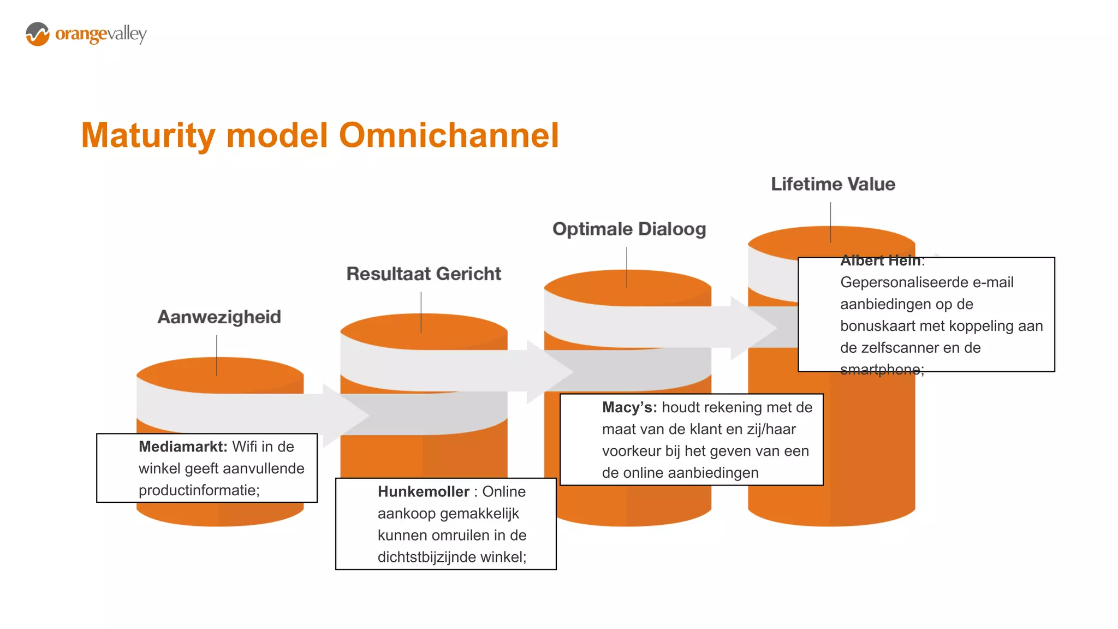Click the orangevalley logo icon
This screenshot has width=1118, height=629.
click(x=37, y=34)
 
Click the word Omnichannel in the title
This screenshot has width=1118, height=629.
click(x=449, y=135)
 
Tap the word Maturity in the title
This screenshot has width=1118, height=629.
click(x=148, y=135)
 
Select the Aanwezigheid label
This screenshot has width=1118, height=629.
click(x=219, y=317)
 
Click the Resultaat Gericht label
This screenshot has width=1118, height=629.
click(x=424, y=274)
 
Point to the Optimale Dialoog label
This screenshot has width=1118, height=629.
click(x=629, y=229)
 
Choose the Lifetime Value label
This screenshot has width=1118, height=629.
click(x=832, y=184)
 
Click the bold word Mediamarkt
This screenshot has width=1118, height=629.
click(x=182, y=447)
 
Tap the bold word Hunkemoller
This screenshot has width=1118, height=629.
click(x=423, y=491)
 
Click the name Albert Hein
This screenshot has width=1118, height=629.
click(x=880, y=260)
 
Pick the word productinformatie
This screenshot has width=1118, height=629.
click(x=199, y=490)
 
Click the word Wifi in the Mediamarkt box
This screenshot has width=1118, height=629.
click(x=244, y=447)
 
